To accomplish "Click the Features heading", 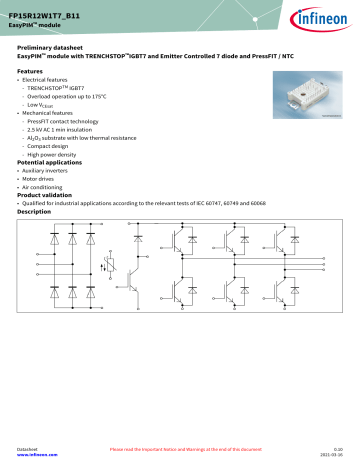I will click(x=31, y=73).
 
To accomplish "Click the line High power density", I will click(x=57, y=154).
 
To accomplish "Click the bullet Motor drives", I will click(x=42, y=179).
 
